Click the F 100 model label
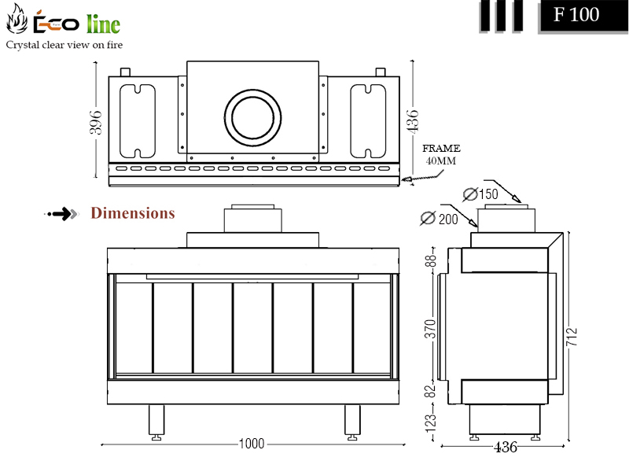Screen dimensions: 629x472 576,15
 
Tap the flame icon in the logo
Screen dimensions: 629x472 17,19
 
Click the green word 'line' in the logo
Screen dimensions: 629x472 103,24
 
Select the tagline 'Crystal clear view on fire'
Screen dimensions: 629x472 64,45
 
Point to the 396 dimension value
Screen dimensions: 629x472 95,122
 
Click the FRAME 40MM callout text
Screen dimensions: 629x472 441,154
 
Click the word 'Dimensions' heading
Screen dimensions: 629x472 133,213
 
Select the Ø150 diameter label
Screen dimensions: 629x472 480,194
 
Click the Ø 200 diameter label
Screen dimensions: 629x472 440,219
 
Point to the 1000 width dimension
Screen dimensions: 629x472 252,444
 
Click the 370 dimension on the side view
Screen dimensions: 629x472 430,329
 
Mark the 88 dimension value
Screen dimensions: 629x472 430,261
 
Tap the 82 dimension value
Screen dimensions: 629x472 429,391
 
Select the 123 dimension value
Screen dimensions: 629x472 430,423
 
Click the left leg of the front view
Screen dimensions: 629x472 156,422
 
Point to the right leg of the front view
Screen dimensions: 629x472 352,422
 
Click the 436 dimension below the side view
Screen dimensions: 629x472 505,447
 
